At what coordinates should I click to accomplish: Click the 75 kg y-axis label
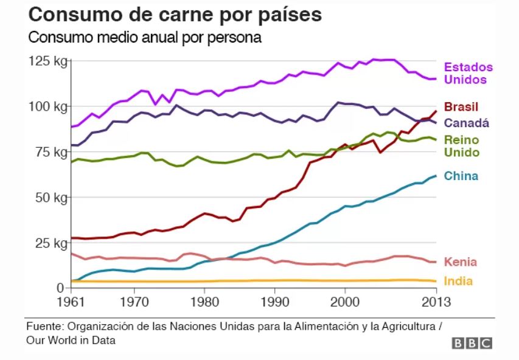[49, 152]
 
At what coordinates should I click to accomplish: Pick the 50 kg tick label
[49, 198]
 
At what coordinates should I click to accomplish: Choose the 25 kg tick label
[49, 243]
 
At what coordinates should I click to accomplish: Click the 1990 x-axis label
[275, 300]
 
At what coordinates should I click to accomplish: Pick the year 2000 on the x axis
[345, 300]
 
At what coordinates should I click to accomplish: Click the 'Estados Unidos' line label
[468, 73]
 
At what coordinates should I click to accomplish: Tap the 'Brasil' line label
[461, 108]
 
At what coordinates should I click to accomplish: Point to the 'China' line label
[461, 176]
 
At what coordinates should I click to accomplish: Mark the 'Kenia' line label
[460, 262]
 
